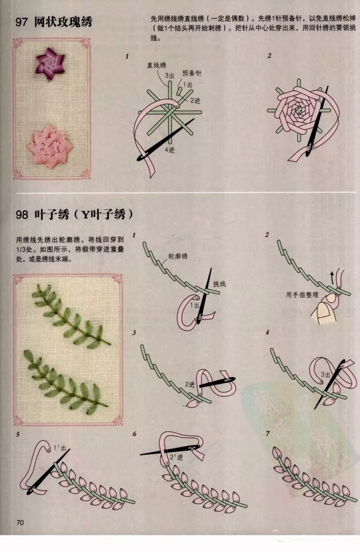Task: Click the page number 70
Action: point(20,522)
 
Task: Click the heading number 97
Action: point(21,22)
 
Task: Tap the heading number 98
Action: point(21,214)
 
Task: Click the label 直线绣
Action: point(156,65)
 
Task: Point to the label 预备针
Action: point(192,73)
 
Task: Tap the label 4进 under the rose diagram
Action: point(169,149)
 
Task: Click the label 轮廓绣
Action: point(177,256)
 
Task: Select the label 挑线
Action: point(219,283)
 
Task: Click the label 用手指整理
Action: point(302,294)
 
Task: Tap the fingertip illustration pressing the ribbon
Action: point(324,310)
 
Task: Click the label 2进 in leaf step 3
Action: point(190,384)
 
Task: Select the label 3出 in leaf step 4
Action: point(325,374)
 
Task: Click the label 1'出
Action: point(60,448)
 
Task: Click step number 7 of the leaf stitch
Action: point(267,433)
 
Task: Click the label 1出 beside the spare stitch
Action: point(187,85)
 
